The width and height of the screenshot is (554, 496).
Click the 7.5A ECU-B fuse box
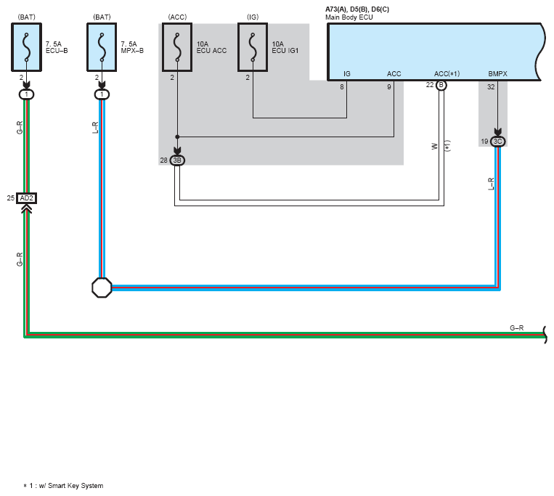click(26, 47)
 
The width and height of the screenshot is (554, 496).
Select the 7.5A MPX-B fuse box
click(102, 47)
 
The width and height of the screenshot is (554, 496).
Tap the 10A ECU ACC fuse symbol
click(177, 47)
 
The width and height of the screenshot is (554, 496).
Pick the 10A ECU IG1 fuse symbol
click(253, 47)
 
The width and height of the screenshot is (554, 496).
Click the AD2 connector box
click(26, 198)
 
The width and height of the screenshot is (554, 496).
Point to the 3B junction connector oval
click(177, 160)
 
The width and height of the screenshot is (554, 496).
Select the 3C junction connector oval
click(498, 142)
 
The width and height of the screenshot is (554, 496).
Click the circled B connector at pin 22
click(441, 85)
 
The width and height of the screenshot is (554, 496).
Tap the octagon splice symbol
click(102, 288)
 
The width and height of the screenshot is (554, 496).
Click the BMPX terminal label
click(497, 74)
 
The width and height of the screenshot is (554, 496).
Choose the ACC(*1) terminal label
click(447, 74)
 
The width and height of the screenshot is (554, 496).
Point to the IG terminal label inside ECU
click(347, 74)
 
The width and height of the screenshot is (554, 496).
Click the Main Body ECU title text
click(349, 17)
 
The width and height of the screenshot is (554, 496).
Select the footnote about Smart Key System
click(63, 486)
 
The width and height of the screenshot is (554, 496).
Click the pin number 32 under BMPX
click(491, 87)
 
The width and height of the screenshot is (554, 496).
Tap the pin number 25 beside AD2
click(11, 198)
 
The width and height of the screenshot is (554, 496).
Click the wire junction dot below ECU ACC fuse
click(177, 137)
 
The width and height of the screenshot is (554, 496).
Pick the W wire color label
click(435, 146)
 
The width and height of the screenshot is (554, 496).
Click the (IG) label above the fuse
click(253, 17)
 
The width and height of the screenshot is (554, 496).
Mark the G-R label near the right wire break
click(516, 328)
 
